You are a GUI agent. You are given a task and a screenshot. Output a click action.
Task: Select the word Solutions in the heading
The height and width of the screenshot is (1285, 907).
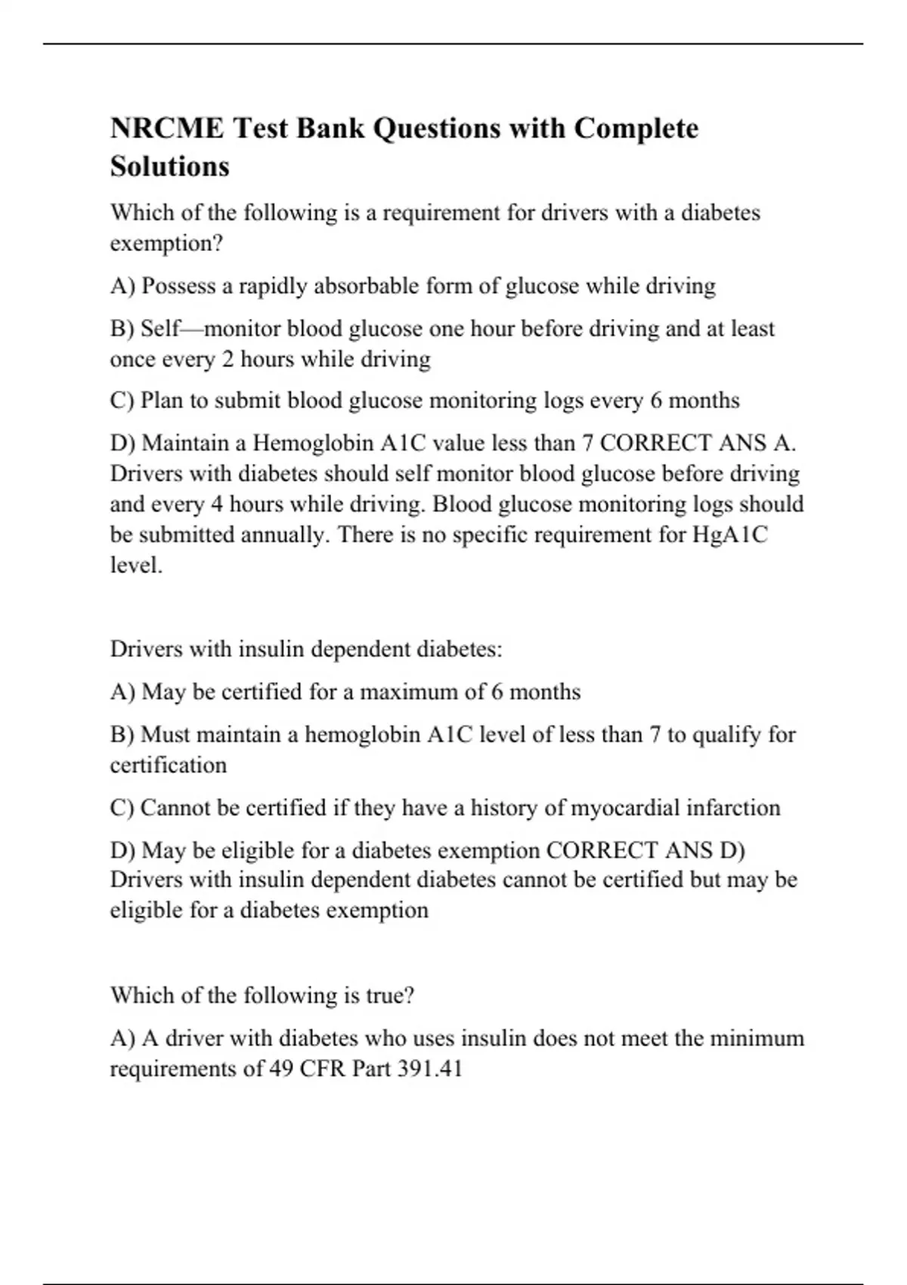coord(169,166)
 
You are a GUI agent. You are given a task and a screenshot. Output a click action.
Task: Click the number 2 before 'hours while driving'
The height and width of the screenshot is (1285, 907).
coord(228,359)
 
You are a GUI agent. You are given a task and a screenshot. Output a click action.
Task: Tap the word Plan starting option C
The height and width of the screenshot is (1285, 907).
coord(162,400)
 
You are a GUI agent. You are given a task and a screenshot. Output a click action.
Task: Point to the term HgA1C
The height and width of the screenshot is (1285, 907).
coord(729,534)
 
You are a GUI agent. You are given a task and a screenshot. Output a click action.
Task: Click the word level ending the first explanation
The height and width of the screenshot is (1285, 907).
coord(136,565)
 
